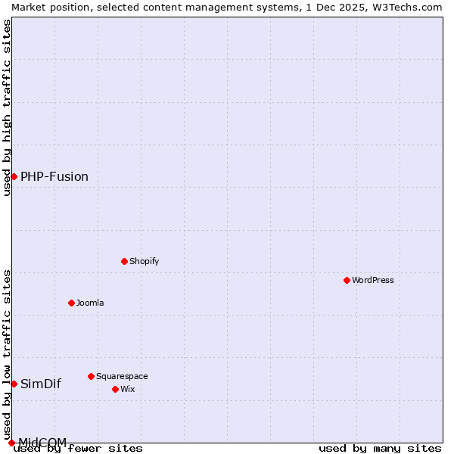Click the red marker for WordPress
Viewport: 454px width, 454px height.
pyautogui.click(x=347, y=280)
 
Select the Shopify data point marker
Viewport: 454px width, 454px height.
pyautogui.click(x=124, y=261)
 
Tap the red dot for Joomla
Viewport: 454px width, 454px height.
pyautogui.click(x=71, y=303)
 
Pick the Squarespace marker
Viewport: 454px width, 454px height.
pyautogui.click(x=91, y=376)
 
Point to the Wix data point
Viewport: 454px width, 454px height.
pyautogui.click(x=115, y=389)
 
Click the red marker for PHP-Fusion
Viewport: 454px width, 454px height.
pyautogui.click(x=14, y=176)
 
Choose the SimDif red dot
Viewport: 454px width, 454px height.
pyautogui.click(x=14, y=384)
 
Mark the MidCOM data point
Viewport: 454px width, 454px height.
pyautogui.click(x=11, y=443)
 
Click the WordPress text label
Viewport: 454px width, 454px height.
pyautogui.click(x=373, y=280)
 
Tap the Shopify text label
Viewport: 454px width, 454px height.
pyautogui.click(x=145, y=261)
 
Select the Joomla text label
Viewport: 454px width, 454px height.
pyautogui.click(x=90, y=303)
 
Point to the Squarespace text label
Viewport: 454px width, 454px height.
pyautogui.click(x=122, y=376)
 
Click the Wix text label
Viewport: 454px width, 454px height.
pyautogui.click(x=128, y=389)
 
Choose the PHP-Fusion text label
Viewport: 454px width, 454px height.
pyautogui.click(x=54, y=176)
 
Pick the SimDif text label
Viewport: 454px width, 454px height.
pyautogui.click(x=41, y=384)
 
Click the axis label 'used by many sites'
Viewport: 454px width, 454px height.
pyautogui.click(x=380, y=448)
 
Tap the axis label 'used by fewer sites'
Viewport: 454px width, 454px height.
pyautogui.click(x=79, y=448)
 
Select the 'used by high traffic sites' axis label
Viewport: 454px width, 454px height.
pyautogui.click(x=7, y=107)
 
